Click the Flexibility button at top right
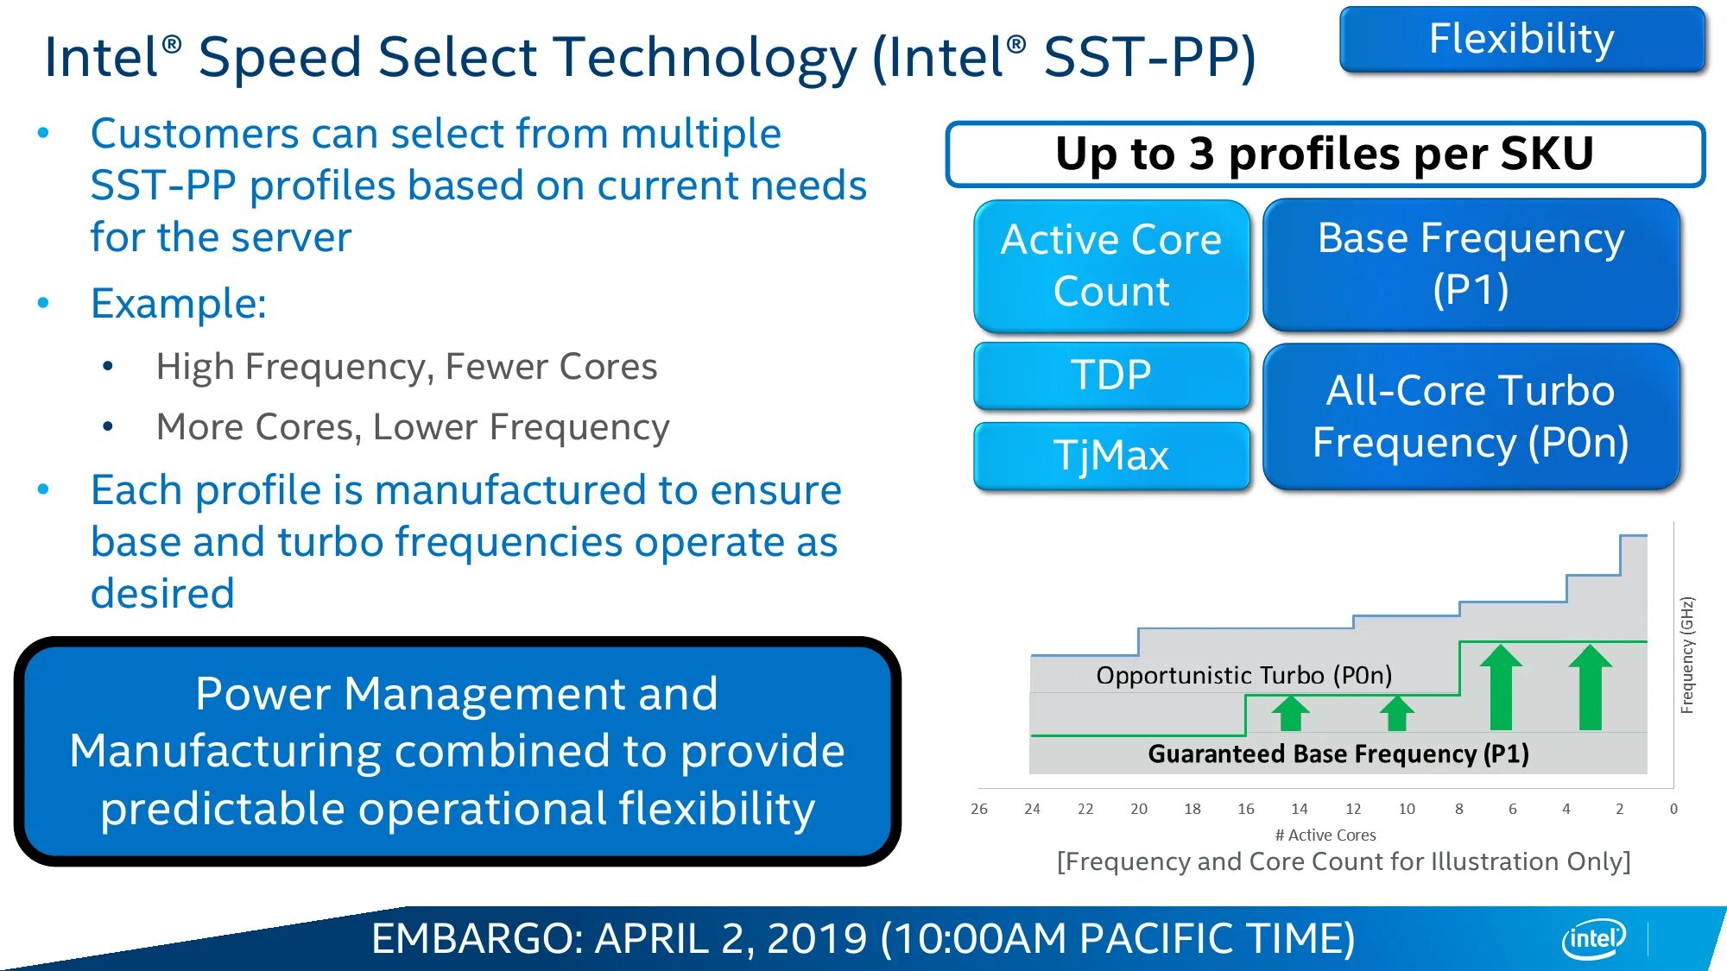point(1522,39)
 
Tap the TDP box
point(1111,375)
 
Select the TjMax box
point(1111,456)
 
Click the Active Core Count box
point(1111,266)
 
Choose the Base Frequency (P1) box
point(1471,264)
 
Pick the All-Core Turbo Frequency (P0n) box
point(1471,416)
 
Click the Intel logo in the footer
point(1594,938)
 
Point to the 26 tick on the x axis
point(979,809)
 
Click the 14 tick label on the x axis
point(1300,809)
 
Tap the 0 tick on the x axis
point(1673,809)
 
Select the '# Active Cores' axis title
point(1325,835)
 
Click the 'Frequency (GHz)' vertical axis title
point(1687,655)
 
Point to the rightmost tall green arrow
point(1591,687)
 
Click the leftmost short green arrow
point(1291,713)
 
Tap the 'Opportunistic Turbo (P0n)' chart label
point(1244,675)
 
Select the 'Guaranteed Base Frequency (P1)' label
point(1338,753)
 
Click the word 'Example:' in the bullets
point(179,304)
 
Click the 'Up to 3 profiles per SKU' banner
point(1325,154)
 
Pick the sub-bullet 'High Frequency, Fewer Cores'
point(407,367)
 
